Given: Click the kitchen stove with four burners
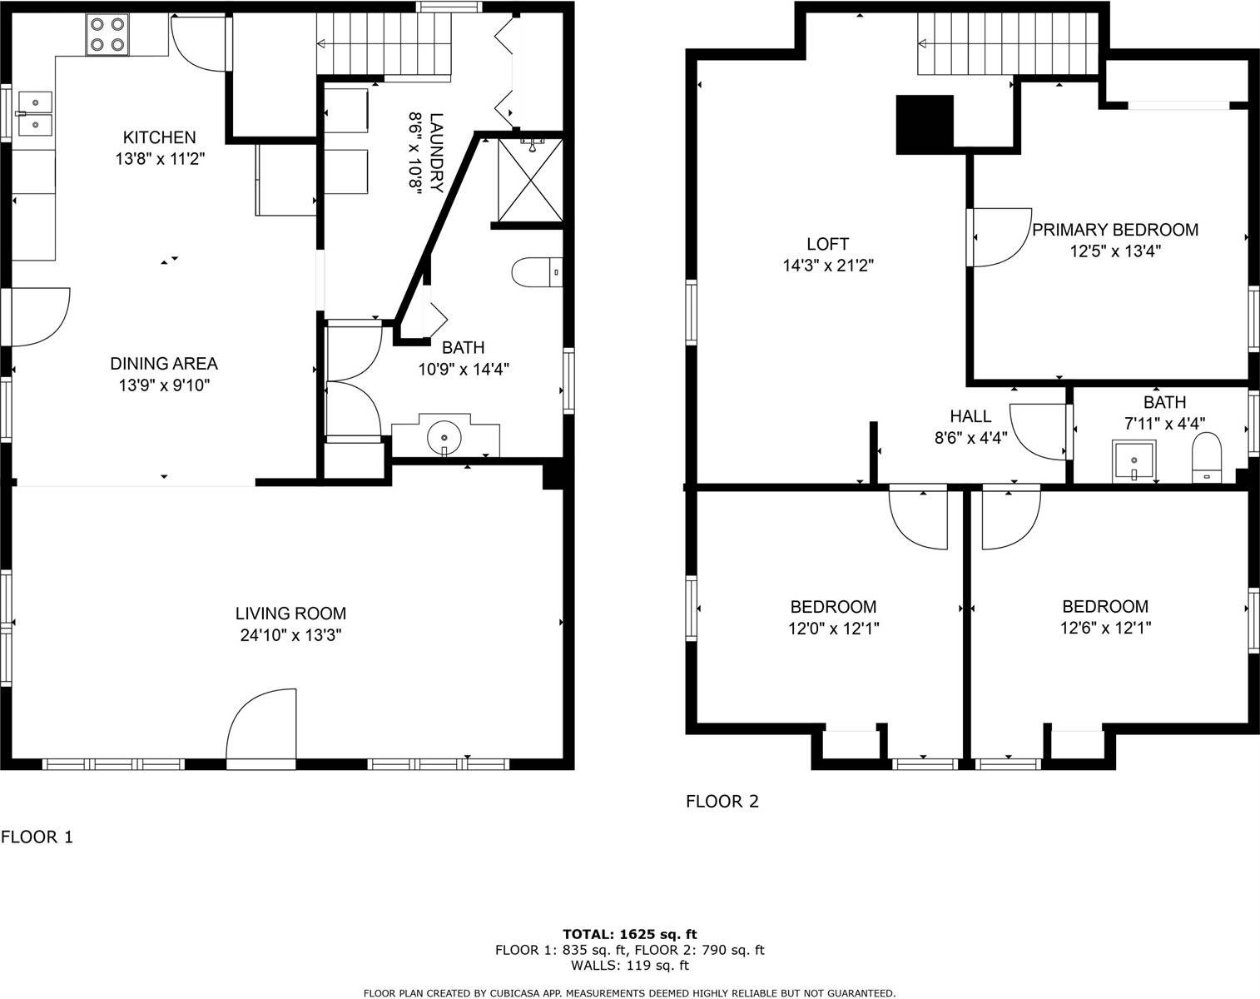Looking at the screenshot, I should [x=107, y=34].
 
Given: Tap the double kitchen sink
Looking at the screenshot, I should [x=34, y=112].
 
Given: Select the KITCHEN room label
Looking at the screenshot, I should [x=159, y=137].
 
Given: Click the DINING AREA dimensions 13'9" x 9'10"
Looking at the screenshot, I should [x=164, y=385].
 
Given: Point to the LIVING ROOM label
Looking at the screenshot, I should [x=290, y=614].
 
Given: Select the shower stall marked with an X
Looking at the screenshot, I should [x=530, y=181].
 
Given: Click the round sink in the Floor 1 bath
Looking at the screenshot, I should [x=446, y=436].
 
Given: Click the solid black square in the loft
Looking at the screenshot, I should [x=924, y=124].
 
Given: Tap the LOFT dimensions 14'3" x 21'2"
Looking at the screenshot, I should [x=827, y=266].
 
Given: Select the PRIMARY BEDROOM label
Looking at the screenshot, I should [x=1115, y=230].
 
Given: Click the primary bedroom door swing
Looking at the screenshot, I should [x=999, y=237].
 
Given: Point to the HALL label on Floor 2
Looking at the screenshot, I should [x=970, y=416].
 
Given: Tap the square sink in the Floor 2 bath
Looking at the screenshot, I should [x=1134, y=461].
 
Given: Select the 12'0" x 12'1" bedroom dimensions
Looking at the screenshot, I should [x=833, y=629].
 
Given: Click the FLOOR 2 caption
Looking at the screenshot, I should [x=722, y=802].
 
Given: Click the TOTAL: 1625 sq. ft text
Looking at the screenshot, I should [x=629, y=934].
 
